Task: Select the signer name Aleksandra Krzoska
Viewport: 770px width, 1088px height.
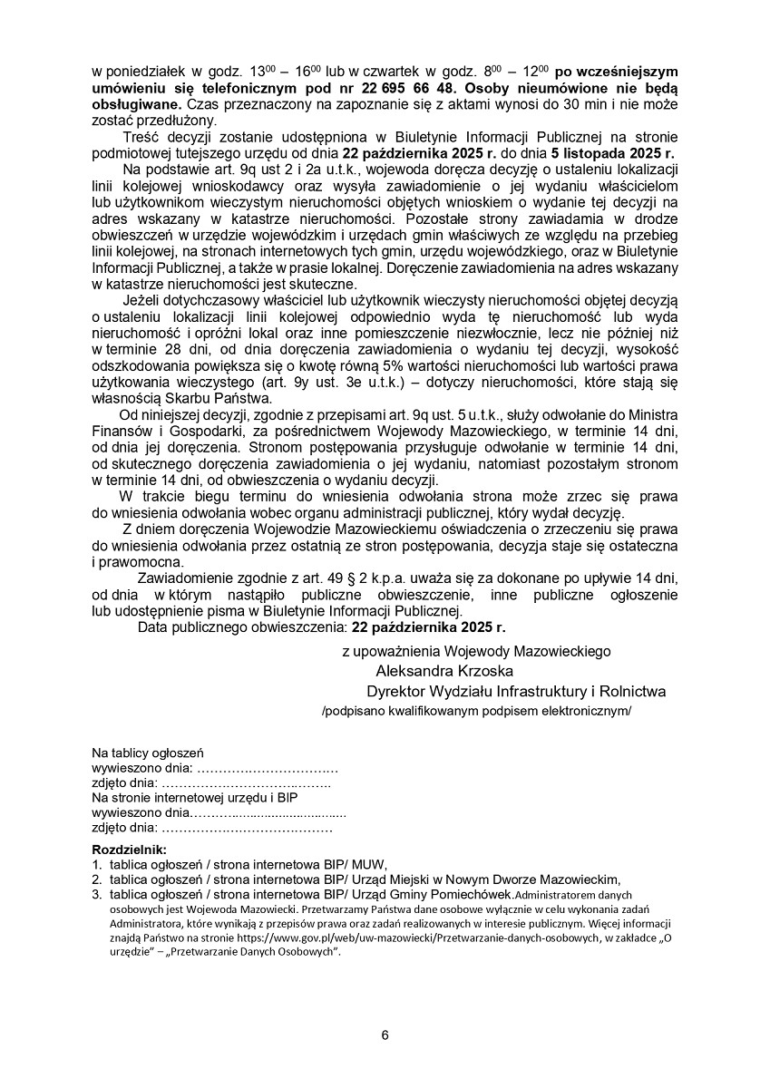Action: [x=444, y=671]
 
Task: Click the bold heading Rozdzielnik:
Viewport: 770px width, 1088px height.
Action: [x=130, y=850]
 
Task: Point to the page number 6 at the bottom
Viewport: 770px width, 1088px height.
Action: [x=385, y=1035]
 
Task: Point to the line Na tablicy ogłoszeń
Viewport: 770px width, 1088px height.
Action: [x=148, y=753]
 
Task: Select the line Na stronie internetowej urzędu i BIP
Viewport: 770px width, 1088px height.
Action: [x=194, y=797]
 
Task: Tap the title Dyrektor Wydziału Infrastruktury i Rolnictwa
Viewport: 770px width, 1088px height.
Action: [x=516, y=692]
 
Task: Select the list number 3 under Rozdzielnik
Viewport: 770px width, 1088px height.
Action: [x=96, y=893]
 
